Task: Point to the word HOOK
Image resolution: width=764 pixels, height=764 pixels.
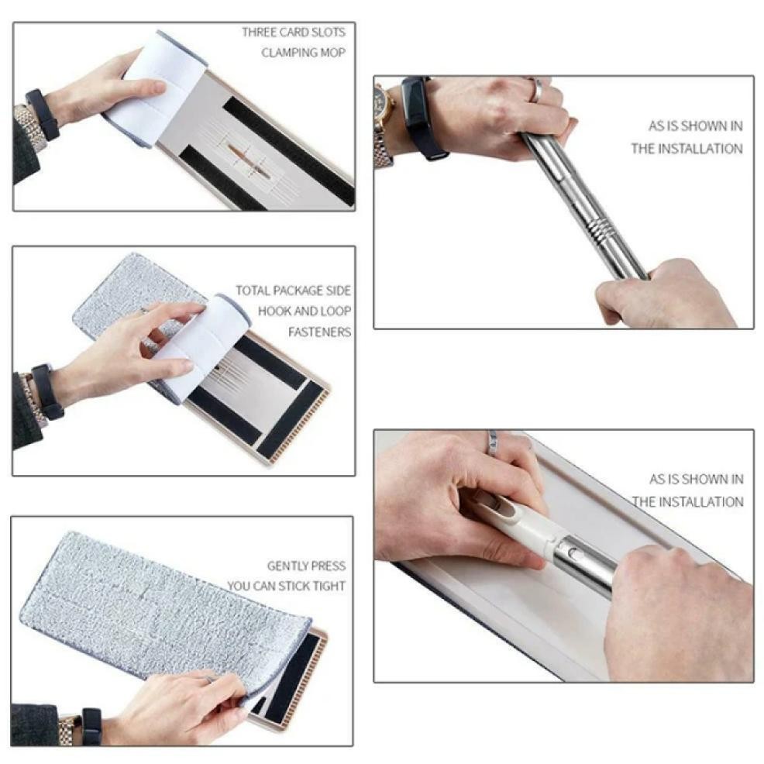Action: pyautogui.click(x=276, y=311)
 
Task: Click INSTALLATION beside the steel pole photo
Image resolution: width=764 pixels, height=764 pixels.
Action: pyautogui.click(x=687, y=149)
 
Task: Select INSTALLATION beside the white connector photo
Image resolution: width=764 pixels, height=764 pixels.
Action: pyautogui.click(x=687, y=502)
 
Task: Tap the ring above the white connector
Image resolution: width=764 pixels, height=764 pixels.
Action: pyautogui.click(x=491, y=441)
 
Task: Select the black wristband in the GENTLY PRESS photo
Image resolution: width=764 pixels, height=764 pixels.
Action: pyautogui.click(x=91, y=726)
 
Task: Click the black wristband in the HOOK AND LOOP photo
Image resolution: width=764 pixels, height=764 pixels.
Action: pyautogui.click(x=47, y=391)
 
